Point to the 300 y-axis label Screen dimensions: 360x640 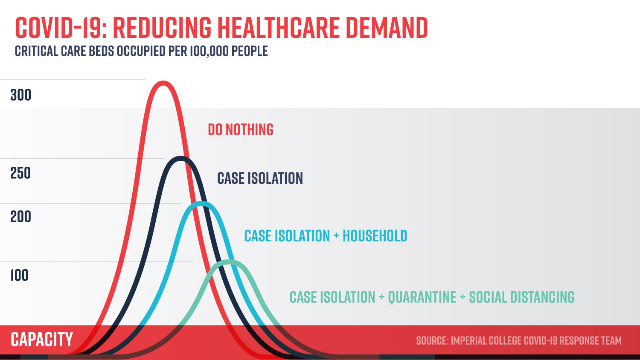pyautogui.click(x=20, y=95)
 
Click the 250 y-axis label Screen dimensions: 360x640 pyautogui.click(x=20, y=173)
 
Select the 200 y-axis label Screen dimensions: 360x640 pyautogui.click(x=20, y=217)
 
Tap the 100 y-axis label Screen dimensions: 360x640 pyautogui.click(x=19, y=276)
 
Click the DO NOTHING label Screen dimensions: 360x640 pyautogui.click(x=241, y=130)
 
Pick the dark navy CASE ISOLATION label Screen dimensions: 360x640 pyautogui.click(x=260, y=178)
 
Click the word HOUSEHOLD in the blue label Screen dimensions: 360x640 pyautogui.click(x=375, y=236)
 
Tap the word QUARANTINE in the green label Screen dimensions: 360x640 pyautogui.click(x=422, y=297)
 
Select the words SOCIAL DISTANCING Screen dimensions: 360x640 pyautogui.click(x=521, y=297)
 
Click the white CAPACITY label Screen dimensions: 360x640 pyautogui.click(x=42, y=340)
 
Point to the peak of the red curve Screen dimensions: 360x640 pyautogui.click(x=163, y=82)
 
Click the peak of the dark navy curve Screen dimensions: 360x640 pyautogui.click(x=181, y=159)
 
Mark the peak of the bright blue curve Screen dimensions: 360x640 pyautogui.click(x=201, y=203)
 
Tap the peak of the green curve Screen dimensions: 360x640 pyautogui.click(x=229, y=262)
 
